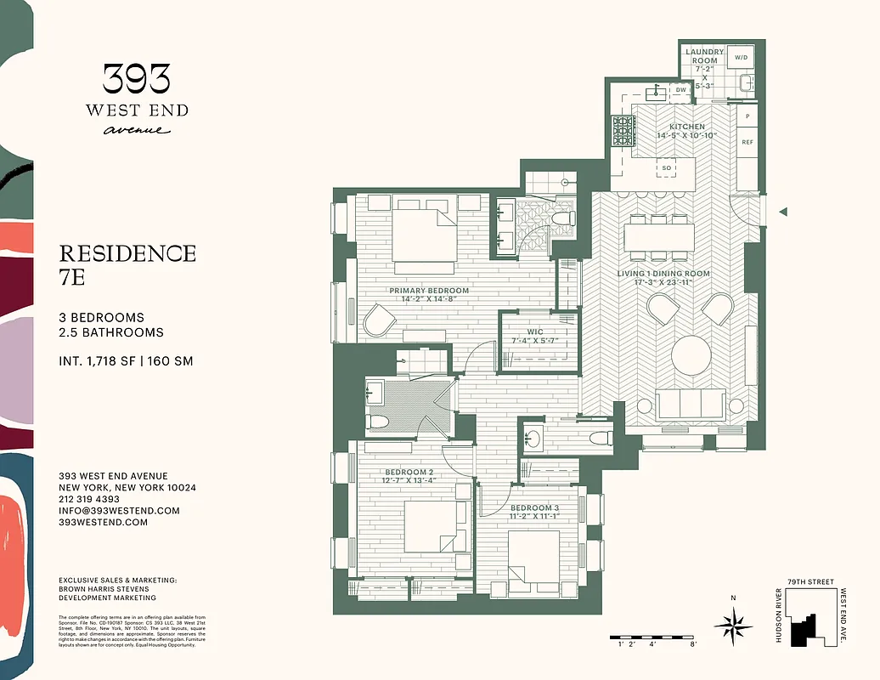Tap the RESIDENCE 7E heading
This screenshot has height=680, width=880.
pos(127,263)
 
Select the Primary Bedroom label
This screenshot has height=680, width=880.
pos(429,295)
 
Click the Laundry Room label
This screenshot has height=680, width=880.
pos(704,56)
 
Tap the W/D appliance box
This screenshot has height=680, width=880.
pos(741,58)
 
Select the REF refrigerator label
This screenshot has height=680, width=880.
pos(747,142)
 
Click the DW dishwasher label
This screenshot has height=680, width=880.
pos(680,89)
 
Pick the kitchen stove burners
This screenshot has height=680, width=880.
pos(623,130)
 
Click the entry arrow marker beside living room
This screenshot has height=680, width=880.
pos(784,212)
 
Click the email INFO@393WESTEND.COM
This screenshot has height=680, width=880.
pos(119,511)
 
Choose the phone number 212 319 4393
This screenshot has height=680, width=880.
pos(89,499)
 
